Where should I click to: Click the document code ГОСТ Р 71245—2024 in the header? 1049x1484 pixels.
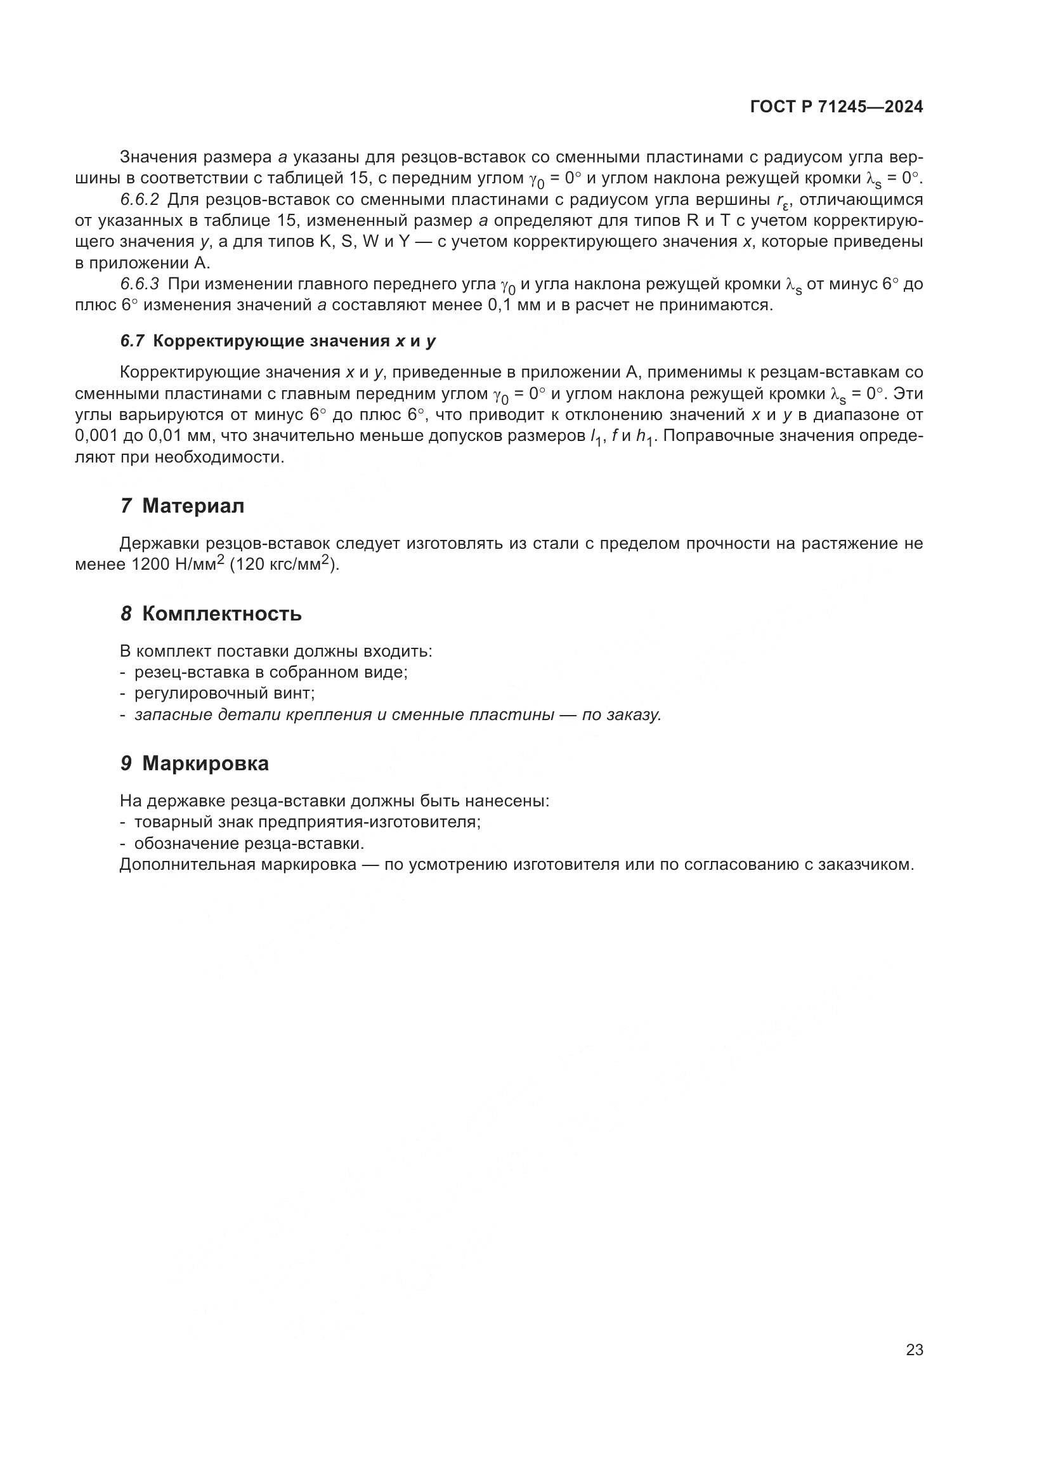click(x=837, y=107)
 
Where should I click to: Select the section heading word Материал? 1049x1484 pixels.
click(x=193, y=506)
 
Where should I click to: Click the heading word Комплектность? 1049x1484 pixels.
click(x=221, y=614)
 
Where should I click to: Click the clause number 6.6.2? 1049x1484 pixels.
click(x=140, y=199)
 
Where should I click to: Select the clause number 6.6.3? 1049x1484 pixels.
click(x=140, y=284)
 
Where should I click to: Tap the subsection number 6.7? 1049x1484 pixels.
click(x=133, y=341)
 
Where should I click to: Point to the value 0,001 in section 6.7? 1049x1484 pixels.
click(x=96, y=437)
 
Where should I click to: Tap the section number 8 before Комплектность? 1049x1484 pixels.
click(x=126, y=614)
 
